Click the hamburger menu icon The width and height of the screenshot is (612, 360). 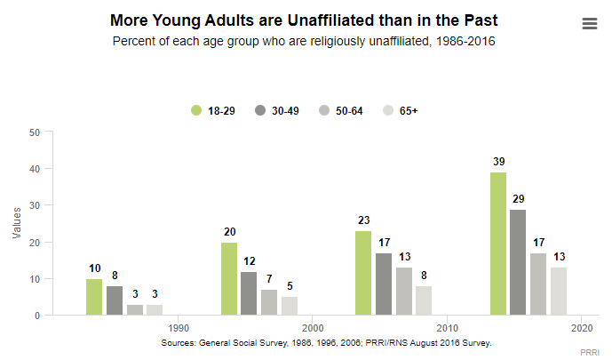pyautogui.click(x=590, y=24)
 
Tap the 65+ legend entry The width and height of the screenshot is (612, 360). pyautogui.click(x=399, y=110)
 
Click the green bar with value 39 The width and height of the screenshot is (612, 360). pyautogui.click(x=497, y=244)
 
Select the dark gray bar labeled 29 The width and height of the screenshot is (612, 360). pyautogui.click(x=518, y=262)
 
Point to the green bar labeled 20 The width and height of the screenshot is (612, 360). pyautogui.click(x=229, y=278)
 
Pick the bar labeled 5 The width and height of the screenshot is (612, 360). pyautogui.click(x=290, y=306)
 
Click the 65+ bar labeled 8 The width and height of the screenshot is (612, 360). pyautogui.click(x=424, y=300)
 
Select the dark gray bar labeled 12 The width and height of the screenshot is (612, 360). pyautogui.click(x=250, y=293)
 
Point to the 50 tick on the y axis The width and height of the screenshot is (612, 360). pyautogui.click(x=36, y=132)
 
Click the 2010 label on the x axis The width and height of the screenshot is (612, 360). pyautogui.click(x=447, y=326)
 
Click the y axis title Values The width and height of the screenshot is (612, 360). pyautogui.click(x=17, y=223)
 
